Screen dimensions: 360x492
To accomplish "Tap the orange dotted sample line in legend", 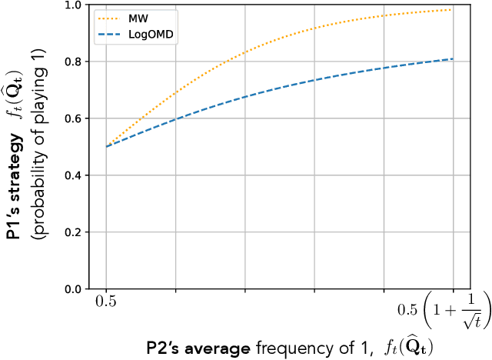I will coord(107,16).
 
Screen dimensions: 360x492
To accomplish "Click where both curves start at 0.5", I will coord(107,146).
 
